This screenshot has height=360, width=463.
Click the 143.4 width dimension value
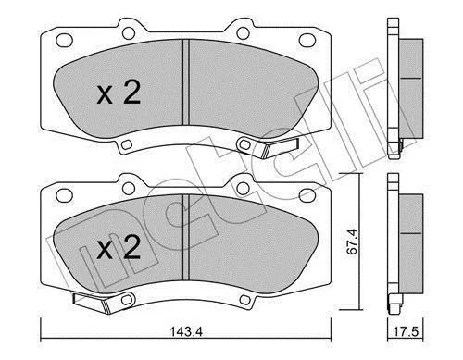point(186,332)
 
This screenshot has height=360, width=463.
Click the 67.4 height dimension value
point(352,242)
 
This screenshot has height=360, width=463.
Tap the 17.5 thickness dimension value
point(406,332)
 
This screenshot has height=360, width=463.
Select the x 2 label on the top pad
point(119,93)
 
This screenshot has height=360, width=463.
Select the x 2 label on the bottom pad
point(119,247)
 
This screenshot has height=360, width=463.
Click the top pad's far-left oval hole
point(64,41)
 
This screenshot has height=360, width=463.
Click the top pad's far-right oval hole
point(307,41)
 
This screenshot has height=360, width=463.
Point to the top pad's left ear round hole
point(129,33)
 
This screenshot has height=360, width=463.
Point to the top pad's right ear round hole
point(244,33)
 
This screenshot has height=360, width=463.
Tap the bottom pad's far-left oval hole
point(64,195)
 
